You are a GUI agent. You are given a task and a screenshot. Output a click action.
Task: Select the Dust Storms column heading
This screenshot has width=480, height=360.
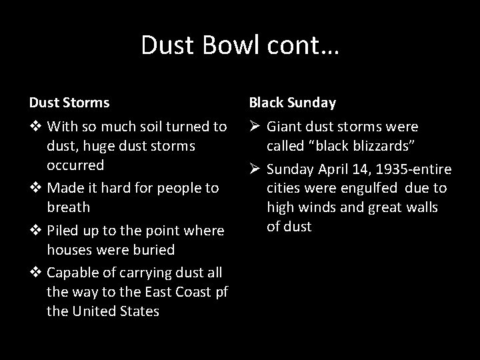(69, 103)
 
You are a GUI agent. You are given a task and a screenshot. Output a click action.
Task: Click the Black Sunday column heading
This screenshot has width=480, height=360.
(292, 103)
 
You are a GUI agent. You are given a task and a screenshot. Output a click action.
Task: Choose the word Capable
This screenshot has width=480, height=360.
(76, 273)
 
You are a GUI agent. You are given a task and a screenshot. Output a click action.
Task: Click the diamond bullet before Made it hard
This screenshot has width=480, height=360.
(35, 188)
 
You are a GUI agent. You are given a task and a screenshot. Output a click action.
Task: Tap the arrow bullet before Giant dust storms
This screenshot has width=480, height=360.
(255, 126)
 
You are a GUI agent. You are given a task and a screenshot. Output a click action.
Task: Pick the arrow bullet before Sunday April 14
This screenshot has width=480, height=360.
(255, 169)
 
